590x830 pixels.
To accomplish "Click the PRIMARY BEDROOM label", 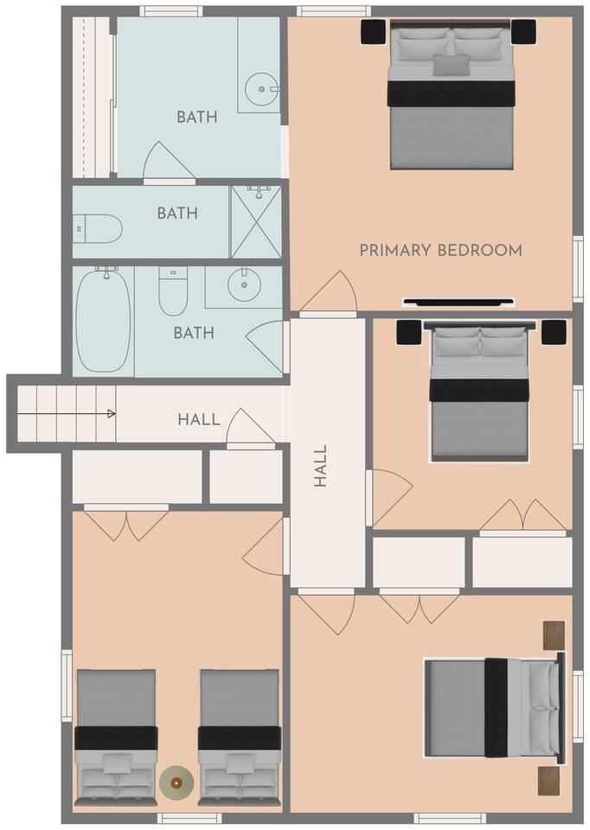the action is pos(440,250).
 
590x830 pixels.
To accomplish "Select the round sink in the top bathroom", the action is pos(261,89).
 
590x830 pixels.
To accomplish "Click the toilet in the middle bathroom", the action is pos(98,228).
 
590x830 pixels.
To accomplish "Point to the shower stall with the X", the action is pos(256,222).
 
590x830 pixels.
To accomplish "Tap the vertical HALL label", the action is pos(321,466).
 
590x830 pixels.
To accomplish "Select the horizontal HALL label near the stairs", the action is pos(199,420).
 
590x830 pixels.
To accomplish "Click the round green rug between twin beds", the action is pos(176,782).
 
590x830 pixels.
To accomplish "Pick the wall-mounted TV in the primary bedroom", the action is pos(459,303).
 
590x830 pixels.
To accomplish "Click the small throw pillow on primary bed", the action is pos(452,65).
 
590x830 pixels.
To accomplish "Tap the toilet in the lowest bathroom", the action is pos(173,290).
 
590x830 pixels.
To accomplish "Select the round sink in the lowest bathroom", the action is pos(244,284).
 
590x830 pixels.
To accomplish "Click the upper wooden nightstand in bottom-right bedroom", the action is pos(554,635).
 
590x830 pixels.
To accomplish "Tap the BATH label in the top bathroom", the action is pos(197,117).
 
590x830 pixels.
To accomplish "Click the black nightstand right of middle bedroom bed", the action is pos(554,332).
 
